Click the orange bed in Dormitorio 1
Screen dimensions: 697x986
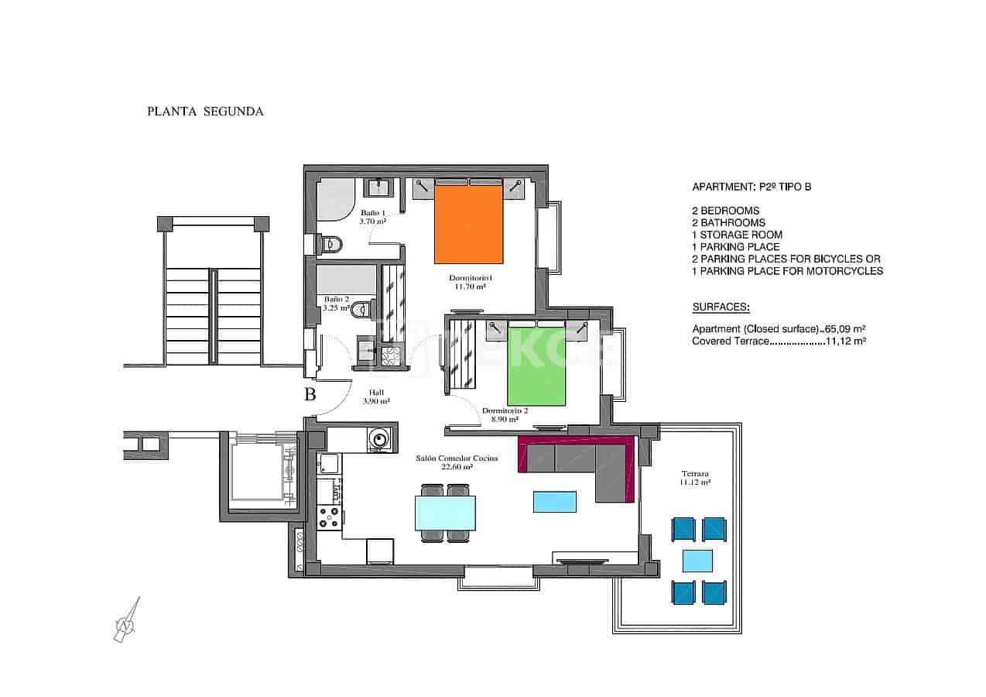click(469, 225)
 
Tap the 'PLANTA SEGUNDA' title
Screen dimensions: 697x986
click(205, 112)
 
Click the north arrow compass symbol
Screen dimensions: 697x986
click(125, 621)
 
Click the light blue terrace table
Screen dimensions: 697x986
click(697, 560)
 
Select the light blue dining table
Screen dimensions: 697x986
click(445, 513)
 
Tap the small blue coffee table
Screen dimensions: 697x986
click(555, 501)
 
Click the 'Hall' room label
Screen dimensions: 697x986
click(376, 392)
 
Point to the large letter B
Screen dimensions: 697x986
click(310, 394)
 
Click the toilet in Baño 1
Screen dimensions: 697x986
click(329, 244)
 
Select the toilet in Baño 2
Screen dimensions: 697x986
click(361, 311)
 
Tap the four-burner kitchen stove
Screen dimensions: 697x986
click(329, 517)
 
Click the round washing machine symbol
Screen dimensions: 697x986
click(378, 439)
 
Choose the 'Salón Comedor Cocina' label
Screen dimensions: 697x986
click(457, 458)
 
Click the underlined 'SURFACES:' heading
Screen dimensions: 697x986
click(721, 307)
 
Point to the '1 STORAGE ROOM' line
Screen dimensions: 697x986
click(737, 235)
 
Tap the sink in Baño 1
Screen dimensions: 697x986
click(380, 187)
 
